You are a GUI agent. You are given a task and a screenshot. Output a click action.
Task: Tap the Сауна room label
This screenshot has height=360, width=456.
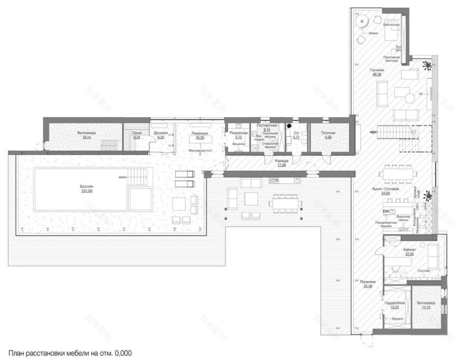coord(137,133)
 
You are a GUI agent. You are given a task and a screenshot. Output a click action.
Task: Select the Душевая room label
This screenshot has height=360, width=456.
coord(159,133)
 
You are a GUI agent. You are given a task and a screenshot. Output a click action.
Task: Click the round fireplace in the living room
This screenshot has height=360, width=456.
coord(361,21)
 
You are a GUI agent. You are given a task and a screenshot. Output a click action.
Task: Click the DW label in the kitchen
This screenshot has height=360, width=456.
coord(386,211)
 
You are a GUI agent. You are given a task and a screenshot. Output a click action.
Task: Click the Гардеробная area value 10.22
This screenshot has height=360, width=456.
coord(394,307)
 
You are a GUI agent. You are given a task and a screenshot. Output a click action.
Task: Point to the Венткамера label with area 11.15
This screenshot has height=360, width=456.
coord(426,303)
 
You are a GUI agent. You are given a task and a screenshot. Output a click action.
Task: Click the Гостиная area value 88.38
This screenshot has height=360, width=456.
coord(377,74)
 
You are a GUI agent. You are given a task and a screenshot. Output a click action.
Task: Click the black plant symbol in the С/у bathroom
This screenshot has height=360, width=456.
coord(291,126)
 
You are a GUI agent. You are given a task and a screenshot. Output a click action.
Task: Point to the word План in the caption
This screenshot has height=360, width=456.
coord(17,352)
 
